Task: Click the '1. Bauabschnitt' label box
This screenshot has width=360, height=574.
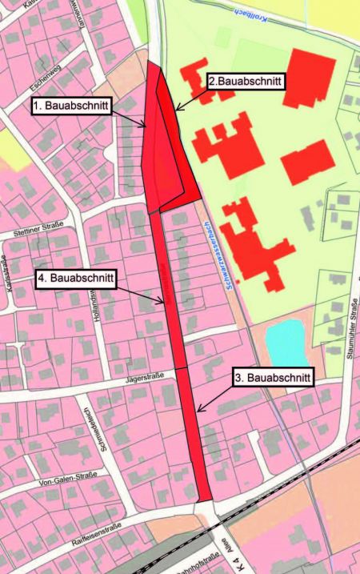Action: coord(71,105)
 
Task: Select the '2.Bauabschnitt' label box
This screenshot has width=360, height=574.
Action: coord(246,80)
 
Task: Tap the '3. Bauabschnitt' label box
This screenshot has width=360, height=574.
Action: coord(272,376)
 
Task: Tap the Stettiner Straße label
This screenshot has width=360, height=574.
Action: coord(38,232)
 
